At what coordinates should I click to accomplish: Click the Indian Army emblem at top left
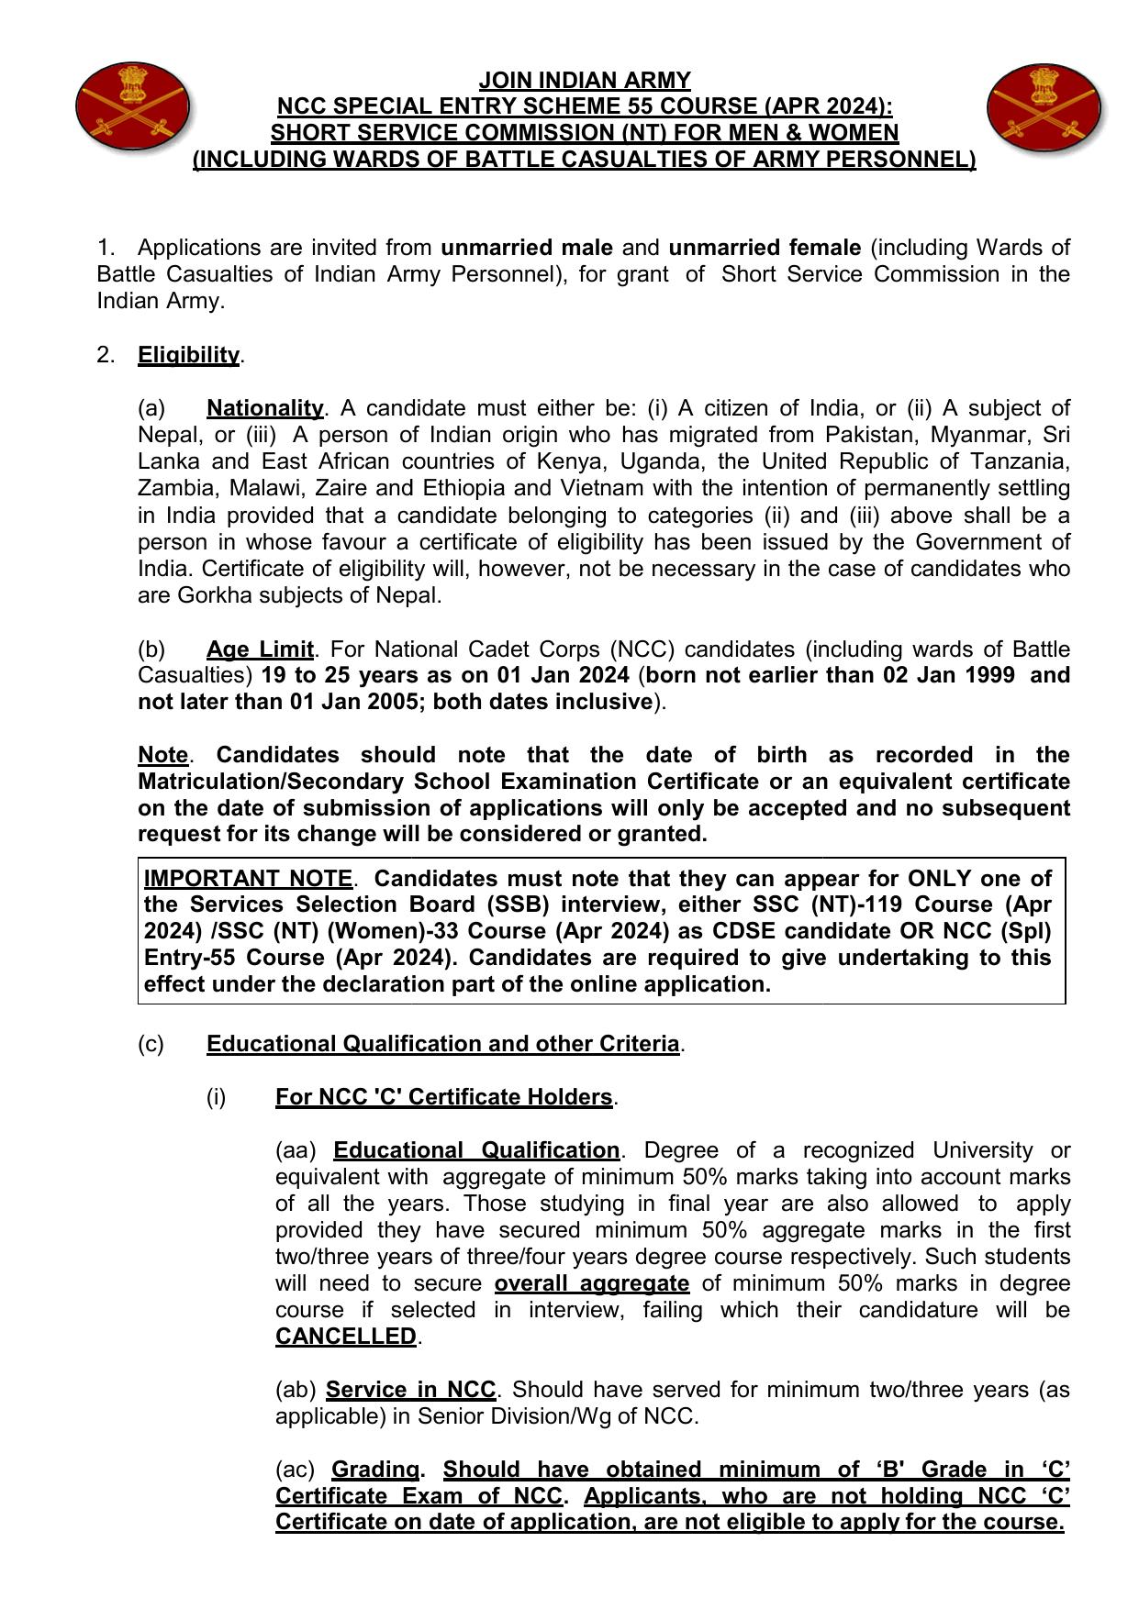pos(133,107)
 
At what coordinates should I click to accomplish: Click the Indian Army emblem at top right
pos(1044,107)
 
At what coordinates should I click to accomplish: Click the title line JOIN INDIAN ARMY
pos(585,80)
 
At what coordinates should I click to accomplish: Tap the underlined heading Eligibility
pos(188,355)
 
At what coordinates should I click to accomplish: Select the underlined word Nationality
pos(264,407)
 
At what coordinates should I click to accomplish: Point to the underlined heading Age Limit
pos(260,649)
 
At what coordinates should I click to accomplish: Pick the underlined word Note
pos(162,755)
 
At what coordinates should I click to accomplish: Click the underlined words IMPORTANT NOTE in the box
pos(248,878)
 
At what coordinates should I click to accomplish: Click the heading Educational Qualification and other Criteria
pos(442,1044)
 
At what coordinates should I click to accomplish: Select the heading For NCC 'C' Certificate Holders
pos(443,1097)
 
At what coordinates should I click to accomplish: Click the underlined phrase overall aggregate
pos(591,1283)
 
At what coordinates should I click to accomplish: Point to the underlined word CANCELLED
pos(346,1337)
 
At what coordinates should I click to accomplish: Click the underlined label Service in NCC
pos(410,1390)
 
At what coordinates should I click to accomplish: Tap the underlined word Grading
pos(375,1470)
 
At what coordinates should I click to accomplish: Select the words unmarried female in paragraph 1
pos(765,248)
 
